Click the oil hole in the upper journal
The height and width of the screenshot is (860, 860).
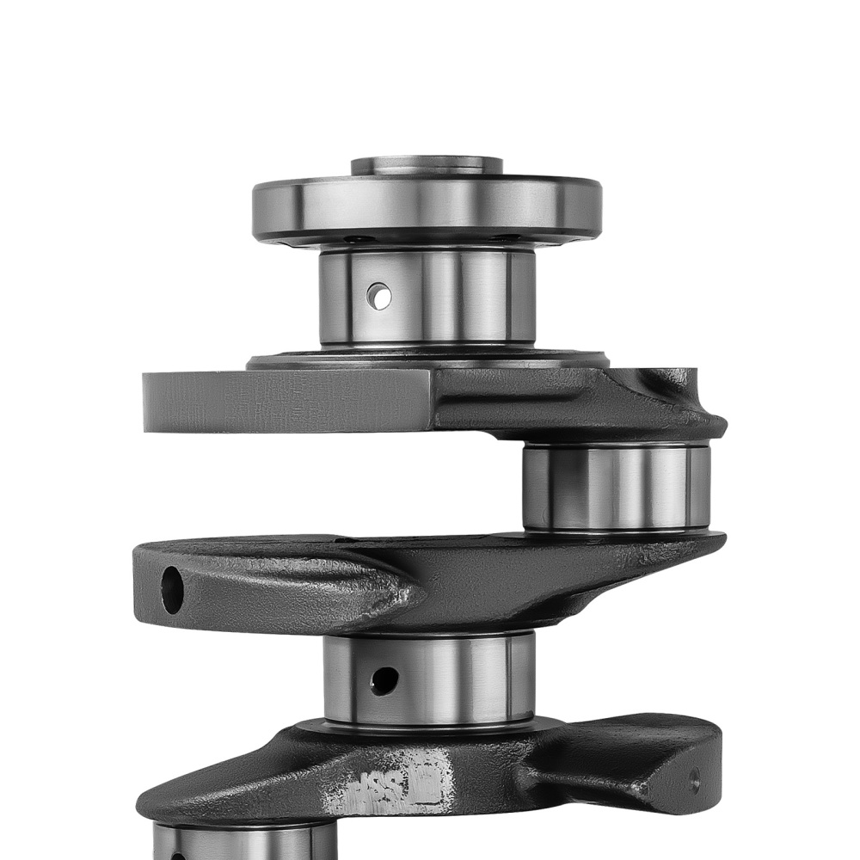coord(378,296)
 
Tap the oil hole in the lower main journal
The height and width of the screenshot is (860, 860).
coord(384,680)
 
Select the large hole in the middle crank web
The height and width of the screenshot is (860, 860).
coord(172,590)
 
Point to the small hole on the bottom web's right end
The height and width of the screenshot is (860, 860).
coord(694,781)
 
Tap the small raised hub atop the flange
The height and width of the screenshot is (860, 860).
coord(427,164)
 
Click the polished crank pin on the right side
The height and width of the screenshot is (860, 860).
coord(615,486)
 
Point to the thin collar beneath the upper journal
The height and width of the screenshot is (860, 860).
coord(427,359)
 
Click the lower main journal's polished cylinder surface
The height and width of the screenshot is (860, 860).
coord(456,679)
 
